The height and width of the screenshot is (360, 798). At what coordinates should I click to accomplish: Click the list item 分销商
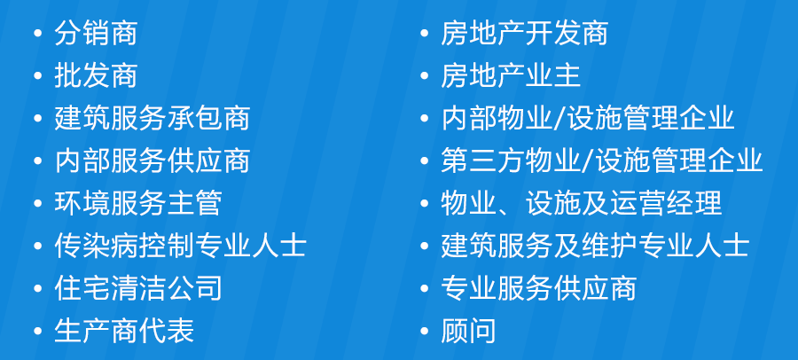(x=96, y=34)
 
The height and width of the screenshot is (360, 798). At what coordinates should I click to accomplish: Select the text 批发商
(x=96, y=76)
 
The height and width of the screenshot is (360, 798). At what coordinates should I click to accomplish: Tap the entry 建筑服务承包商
(x=152, y=118)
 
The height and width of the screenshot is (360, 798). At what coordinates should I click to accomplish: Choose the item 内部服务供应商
(x=152, y=160)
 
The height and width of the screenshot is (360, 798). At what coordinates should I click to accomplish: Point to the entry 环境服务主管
(x=138, y=203)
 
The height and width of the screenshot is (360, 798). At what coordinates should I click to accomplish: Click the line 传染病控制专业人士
(x=180, y=246)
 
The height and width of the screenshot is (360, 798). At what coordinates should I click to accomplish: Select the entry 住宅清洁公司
(x=138, y=287)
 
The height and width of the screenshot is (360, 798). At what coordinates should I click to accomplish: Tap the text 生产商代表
(x=123, y=330)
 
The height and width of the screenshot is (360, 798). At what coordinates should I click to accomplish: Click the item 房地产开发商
(x=524, y=34)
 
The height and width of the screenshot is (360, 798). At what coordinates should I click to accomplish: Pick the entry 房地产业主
(x=511, y=76)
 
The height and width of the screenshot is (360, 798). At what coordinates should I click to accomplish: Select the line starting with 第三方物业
(x=601, y=160)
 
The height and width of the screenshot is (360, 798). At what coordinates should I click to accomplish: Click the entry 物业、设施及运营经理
(x=581, y=203)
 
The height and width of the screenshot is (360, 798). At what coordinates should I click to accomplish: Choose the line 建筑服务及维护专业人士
(x=595, y=246)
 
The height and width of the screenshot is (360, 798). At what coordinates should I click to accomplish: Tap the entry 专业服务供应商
(x=538, y=287)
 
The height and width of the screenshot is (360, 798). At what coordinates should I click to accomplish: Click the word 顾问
(x=468, y=330)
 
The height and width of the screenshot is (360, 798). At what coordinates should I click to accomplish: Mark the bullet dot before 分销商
(x=37, y=34)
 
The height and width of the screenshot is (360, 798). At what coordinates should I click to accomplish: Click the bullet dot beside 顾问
(x=425, y=331)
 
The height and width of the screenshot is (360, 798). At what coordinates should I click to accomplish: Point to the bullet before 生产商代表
(x=37, y=331)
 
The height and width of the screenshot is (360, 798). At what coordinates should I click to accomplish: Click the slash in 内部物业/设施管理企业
(x=559, y=118)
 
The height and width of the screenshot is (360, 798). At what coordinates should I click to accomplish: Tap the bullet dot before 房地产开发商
(x=425, y=34)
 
